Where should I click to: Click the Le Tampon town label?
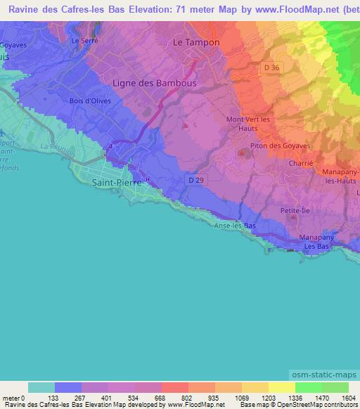pyautogui.click(x=196, y=42)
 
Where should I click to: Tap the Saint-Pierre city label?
pyautogui.click(x=117, y=181)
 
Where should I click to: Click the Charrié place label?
pyautogui.click(x=301, y=162)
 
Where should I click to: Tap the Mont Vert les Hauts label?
pyautogui.click(x=247, y=123)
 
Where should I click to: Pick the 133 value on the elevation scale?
pyautogui.click(x=55, y=398)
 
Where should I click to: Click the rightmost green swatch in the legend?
pyautogui.click(x=335, y=387)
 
